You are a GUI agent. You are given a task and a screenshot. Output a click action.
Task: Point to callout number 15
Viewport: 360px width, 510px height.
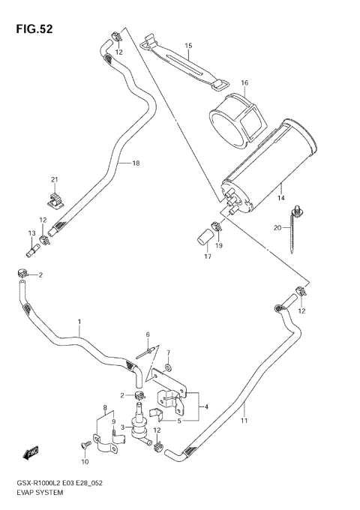pyautogui.click(x=188, y=46)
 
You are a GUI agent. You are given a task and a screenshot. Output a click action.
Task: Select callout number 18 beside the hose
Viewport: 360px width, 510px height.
pyautogui.click(x=136, y=163)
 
